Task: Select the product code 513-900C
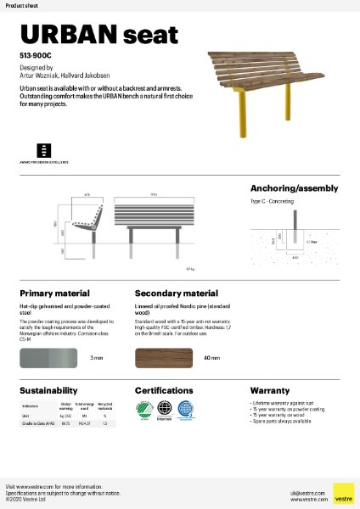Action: click(x=33, y=53)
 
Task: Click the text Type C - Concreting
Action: click(x=272, y=204)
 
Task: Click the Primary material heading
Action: click(x=53, y=293)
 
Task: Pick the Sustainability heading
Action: click(x=49, y=391)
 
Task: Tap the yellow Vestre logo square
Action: click(x=343, y=493)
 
